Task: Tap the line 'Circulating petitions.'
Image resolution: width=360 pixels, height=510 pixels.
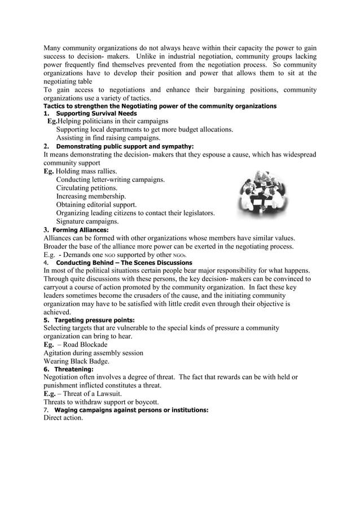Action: click(87, 188)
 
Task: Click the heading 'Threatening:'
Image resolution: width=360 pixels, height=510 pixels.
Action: click(74, 369)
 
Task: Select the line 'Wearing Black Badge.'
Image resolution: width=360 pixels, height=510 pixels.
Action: click(76, 361)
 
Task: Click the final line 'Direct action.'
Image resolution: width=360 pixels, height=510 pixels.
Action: click(63, 418)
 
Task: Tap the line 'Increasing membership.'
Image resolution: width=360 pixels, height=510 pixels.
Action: click(91, 196)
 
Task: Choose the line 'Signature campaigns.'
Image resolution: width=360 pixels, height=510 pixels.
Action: click(87, 221)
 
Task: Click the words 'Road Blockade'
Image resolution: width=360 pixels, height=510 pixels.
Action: click(85, 345)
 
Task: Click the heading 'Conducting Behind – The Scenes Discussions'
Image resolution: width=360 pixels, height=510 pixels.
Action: click(123, 263)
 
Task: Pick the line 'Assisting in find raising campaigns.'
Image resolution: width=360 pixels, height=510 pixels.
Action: click(108, 138)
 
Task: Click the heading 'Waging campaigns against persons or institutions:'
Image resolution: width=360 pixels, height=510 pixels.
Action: click(131, 410)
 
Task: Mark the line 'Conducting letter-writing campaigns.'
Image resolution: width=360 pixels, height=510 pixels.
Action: click(111, 180)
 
